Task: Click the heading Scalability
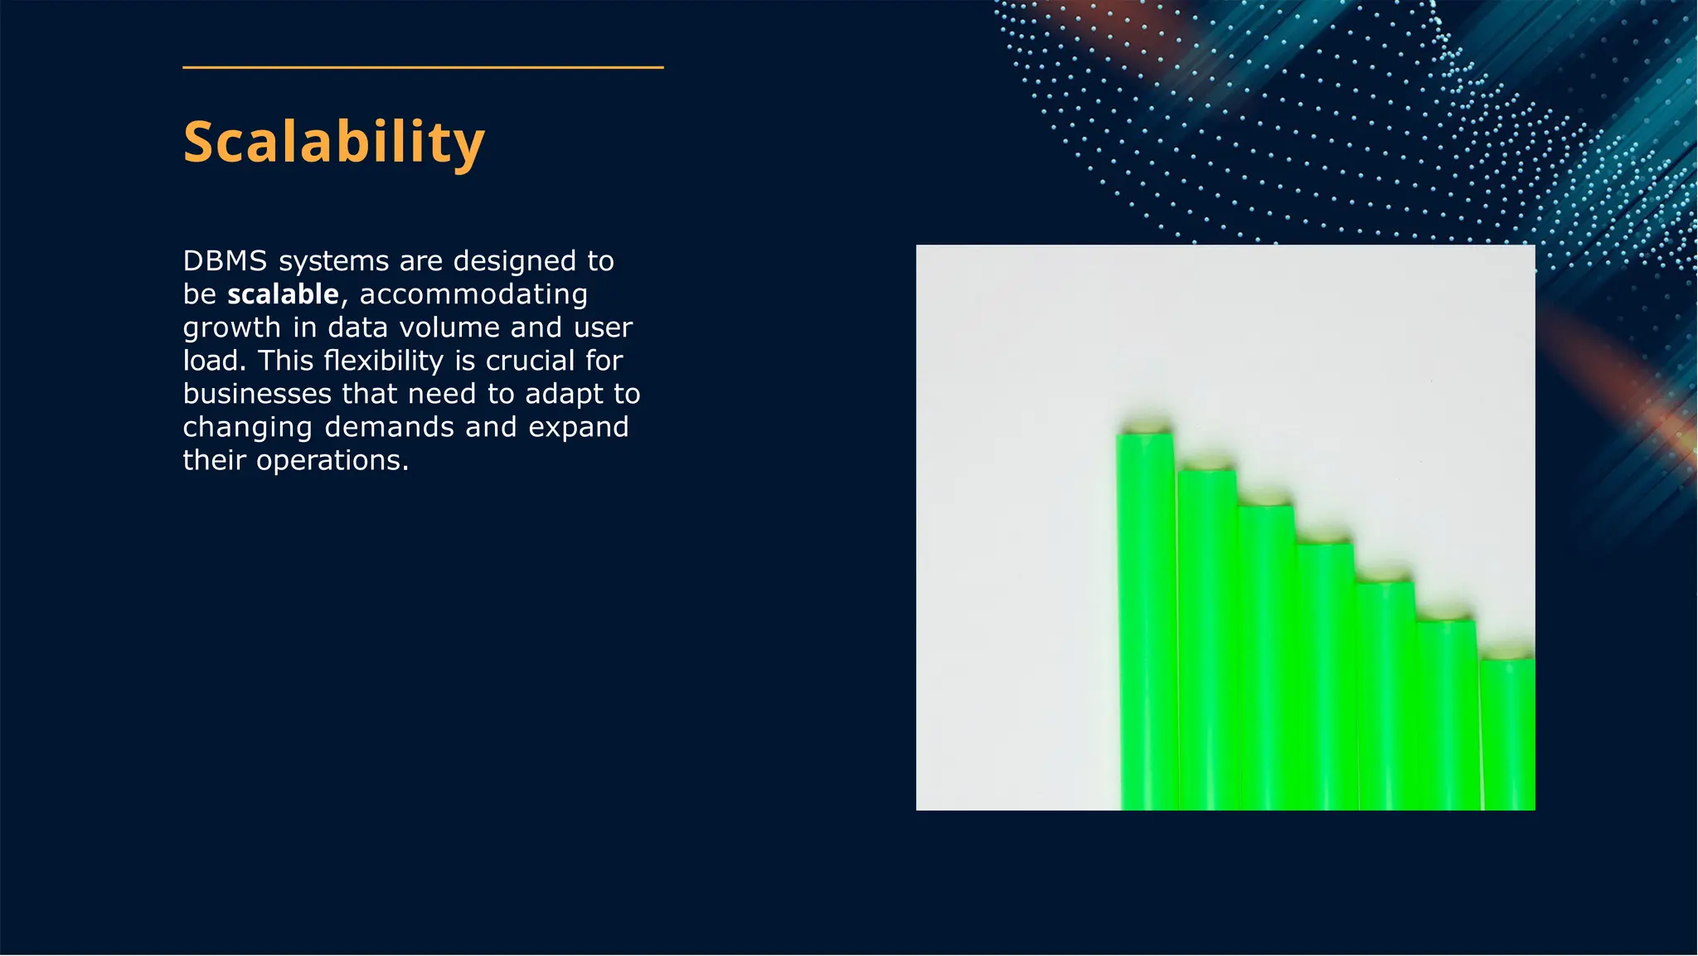(333, 143)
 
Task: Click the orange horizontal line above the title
(423, 67)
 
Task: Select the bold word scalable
(283, 294)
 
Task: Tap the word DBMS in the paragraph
(225, 261)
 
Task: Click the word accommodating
(473, 294)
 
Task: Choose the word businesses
(257, 394)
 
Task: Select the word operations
(332, 460)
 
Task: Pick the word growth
(232, 328)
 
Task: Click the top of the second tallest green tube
(1206, 466)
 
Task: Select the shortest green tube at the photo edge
(1507, 730)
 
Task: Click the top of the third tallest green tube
(1265, 501)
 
